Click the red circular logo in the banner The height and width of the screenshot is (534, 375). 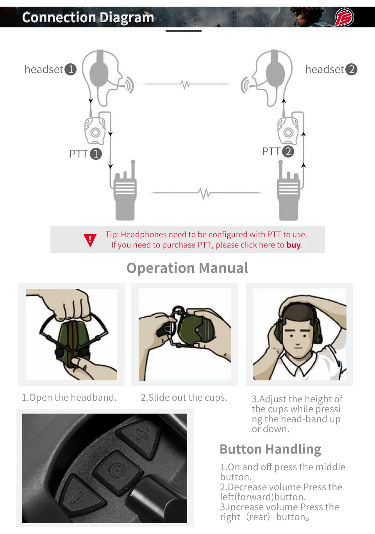pos(345,17)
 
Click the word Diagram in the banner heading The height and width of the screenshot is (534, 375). pos(127,18)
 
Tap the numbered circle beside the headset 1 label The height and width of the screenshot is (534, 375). pos(71,69)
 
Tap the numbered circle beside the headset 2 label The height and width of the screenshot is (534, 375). pos(352,69)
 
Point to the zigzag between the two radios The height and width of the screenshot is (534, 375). pos(204,193)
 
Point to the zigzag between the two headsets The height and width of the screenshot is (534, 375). pos(186,84)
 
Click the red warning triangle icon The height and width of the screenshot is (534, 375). pos(90,240)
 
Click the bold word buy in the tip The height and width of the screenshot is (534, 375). pos(293,245)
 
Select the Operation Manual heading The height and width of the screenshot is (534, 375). pos(187,268)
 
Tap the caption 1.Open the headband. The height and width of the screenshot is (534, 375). pos(69,398)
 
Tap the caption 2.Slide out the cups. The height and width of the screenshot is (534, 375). pos(184,398)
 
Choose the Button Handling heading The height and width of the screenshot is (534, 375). pos(270,450)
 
